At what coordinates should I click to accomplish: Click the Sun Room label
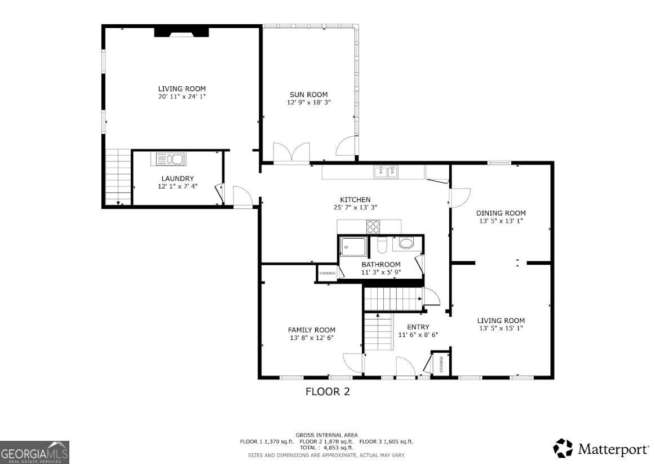(308, 94)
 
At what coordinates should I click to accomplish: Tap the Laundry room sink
(167, 159)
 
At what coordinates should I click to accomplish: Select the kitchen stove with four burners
(373, 227)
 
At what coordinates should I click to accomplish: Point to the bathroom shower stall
(353, 247)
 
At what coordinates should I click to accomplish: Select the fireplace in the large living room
(182, 32)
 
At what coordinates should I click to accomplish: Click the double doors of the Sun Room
(291, 153)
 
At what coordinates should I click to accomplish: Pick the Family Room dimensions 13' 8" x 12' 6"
(311, 338)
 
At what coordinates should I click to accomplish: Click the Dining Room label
(501, 213)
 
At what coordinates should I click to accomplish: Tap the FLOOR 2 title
(327, 391)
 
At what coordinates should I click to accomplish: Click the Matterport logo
(600, 449)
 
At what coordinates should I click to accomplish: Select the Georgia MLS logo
(35, 452)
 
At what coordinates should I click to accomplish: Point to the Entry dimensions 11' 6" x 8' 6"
(418, 335)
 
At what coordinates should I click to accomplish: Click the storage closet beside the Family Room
(327, 273)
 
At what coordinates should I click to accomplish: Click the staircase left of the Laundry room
(118, 177)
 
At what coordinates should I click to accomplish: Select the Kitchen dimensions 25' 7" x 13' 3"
(355, 207)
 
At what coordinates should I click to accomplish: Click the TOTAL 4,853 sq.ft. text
(327, 448)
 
